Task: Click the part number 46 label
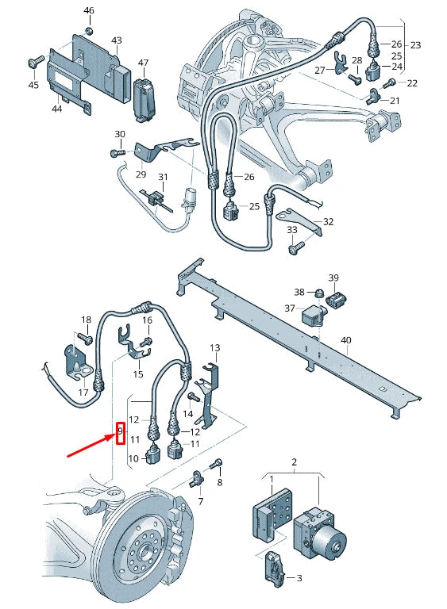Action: [88, 11]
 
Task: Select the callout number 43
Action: [117, 40]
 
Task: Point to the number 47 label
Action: [143, 62]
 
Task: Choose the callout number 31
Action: [163, 177]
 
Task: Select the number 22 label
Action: [411, 83]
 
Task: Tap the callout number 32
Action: [329, 222]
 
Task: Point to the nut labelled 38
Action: [318, 294]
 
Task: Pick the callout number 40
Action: [345, 340]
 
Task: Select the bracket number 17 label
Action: [83, 392]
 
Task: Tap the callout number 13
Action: [214, 348]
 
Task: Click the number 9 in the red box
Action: [120, 433]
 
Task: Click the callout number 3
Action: [299, 579]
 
